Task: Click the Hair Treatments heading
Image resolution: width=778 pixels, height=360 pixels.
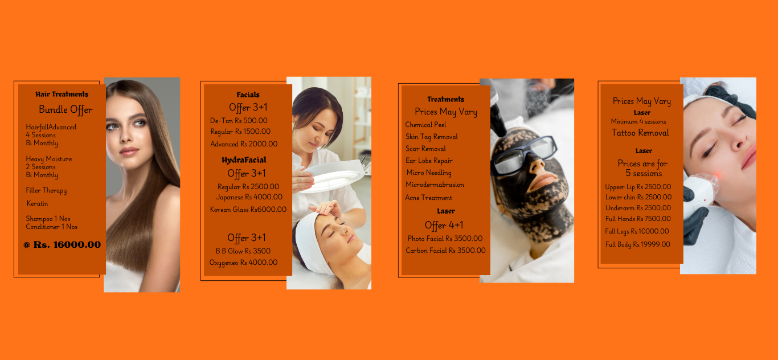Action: click(x=62, y=94)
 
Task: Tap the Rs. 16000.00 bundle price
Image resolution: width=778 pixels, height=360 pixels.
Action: click(x=67, y=244)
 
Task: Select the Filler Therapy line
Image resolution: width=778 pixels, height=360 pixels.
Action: click(x=46, y=190)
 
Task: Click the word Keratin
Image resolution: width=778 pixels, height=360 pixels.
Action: click(x=37, y=203)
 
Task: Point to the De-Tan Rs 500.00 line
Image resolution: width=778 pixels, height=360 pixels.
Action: click(x=239, y=121)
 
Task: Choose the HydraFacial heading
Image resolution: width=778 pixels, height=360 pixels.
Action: click(x=244, y=160)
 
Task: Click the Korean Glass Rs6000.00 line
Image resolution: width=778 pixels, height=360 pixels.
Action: click(x=248, y=210)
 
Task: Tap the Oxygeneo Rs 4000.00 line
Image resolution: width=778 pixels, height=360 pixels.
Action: click(x=243, y=263)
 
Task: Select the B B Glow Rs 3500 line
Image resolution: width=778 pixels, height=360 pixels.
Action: click(x=243, y=251)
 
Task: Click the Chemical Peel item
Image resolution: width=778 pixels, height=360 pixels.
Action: click(x=425, y=124)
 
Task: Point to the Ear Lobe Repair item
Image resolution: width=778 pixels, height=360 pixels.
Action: click(x=429, y=161)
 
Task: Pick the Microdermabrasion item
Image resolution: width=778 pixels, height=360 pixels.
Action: click(x=435, y=185)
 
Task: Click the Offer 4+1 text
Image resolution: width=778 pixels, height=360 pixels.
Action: click(x=444, y=225)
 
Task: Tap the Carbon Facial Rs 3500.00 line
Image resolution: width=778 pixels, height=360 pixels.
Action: click(x=445, y=251)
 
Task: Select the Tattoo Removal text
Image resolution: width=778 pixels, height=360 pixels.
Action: click(x=640, y=133)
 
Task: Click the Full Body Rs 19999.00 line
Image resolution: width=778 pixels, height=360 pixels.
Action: click(x=638, y=244)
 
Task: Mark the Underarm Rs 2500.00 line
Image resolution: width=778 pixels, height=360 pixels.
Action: click(x=638, y=208)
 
